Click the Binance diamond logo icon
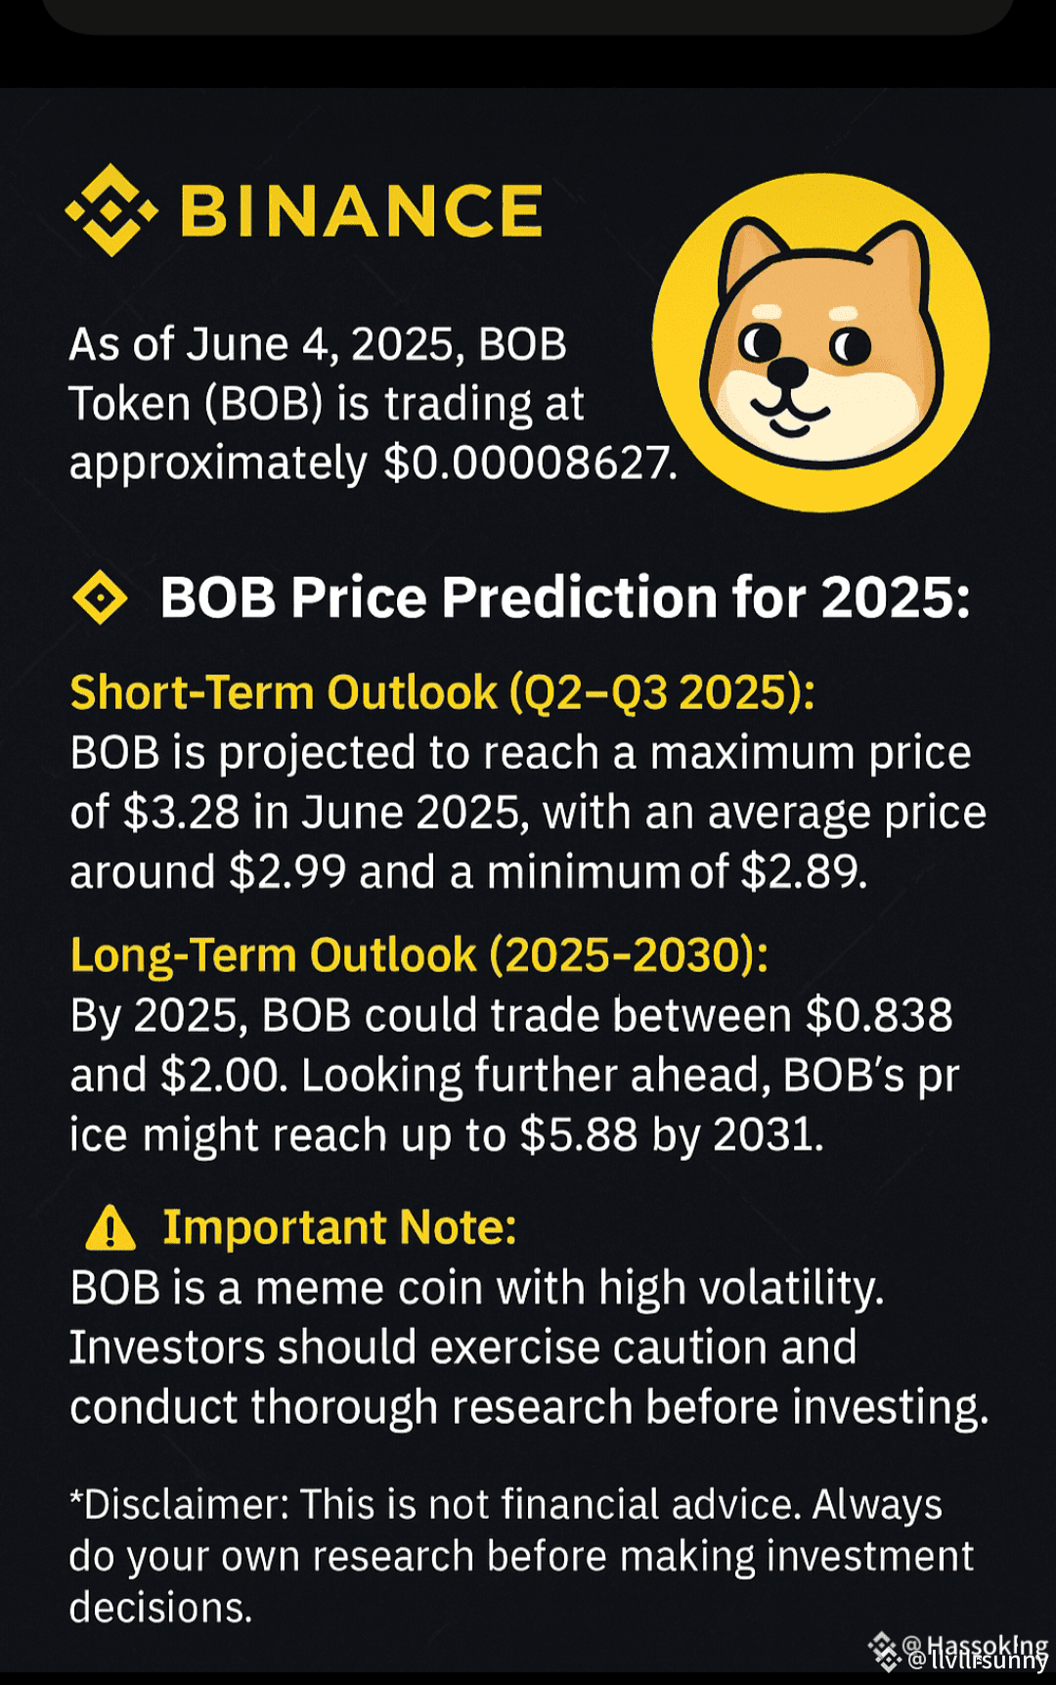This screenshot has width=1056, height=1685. [x=110, y=210]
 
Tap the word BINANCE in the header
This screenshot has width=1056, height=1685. [x=361, y=211]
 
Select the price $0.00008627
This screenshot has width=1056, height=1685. [x=528, y=463]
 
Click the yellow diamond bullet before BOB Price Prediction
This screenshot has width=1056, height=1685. [x=100, y=599]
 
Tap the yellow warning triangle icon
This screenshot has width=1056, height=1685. [x=110, y=1228]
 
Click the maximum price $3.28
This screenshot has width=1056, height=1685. [x=181, y=813]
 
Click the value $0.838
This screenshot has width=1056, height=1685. [x=878, y=1015]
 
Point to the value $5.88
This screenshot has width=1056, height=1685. [x=578, y=1135]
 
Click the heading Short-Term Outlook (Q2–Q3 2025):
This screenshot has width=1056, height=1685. [x=442, y=692]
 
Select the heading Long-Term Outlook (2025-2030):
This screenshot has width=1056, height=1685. [x=419, y=955]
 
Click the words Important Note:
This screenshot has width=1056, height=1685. [x=339, y=1227]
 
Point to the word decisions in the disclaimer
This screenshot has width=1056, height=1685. [x=159, y=1608]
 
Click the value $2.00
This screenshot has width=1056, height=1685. [x=223, y=1076]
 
